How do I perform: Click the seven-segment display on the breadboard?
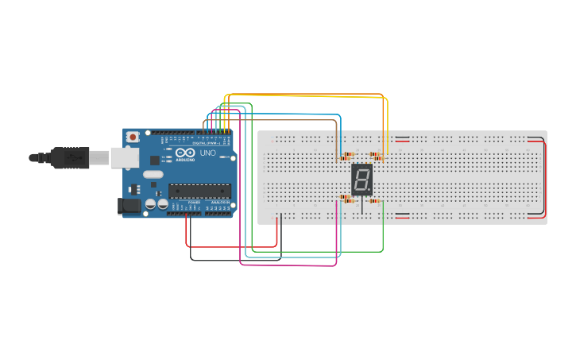click(361, 180)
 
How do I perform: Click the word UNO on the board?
click(207, 153)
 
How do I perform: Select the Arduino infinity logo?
click(185, 153)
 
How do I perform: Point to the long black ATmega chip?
click(199, 191)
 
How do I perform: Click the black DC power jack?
click(130, 206)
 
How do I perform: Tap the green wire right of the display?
click(383, 230)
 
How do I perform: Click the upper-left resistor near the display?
click(347, 156)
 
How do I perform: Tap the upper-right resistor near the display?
click(376, 156)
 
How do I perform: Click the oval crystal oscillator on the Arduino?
click(153, 174)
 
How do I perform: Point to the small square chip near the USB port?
click(154, 160)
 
